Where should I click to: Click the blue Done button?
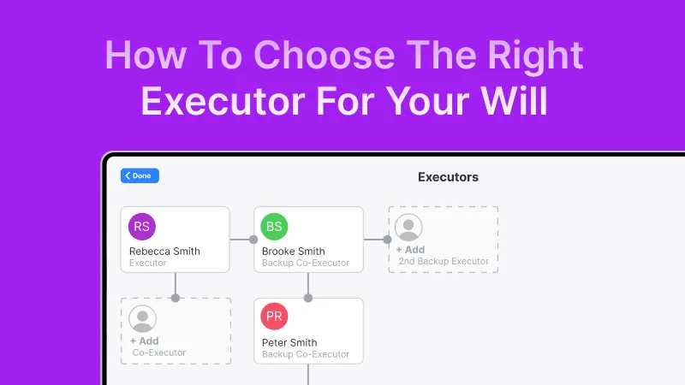point(140,175)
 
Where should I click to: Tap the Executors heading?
point(448,177)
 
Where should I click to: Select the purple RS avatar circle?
point(142,227)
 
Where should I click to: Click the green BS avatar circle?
point(274,227)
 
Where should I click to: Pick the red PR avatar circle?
point(274,317)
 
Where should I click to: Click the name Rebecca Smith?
point(164,252)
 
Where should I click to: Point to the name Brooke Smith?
point(293,252)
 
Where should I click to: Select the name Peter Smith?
point(289,343)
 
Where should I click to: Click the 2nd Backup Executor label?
point(444,261)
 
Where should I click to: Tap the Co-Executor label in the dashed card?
point(159,352)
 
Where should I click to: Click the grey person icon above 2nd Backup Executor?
point(408,228)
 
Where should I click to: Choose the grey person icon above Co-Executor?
point(142,319)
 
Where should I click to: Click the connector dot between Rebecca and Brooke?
point(253,240)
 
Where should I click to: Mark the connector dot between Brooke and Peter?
point(308,298)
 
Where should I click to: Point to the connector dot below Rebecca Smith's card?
point(176,298)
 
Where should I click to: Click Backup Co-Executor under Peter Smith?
point(306,354)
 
